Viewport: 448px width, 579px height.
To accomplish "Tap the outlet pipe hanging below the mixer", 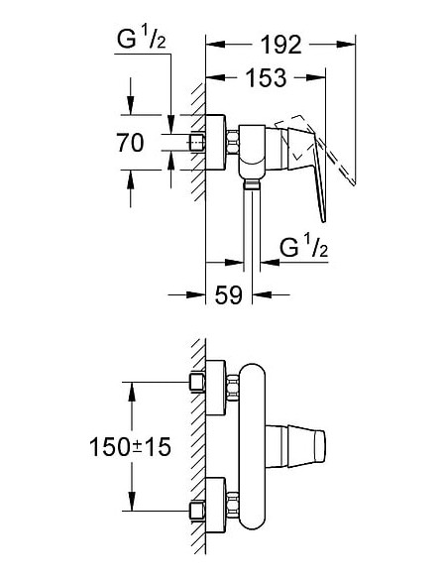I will click(249, 223).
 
